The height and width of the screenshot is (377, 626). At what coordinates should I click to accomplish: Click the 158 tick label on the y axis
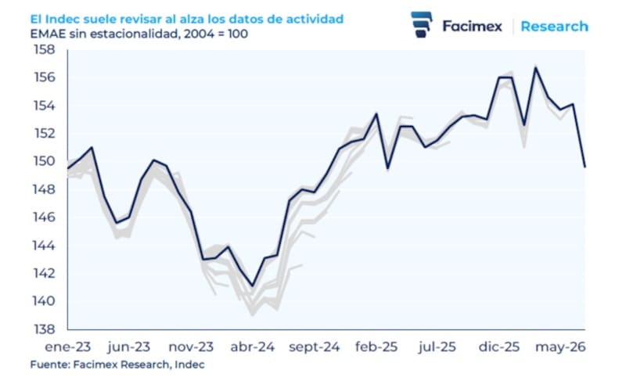[x=45, y=50]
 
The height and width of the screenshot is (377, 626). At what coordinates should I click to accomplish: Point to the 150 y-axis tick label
[x=45, y=161]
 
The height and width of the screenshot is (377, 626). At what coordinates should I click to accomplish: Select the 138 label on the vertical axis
[x=45, y=329]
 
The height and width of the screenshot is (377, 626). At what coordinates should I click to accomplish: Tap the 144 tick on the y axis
[x=45, y=246]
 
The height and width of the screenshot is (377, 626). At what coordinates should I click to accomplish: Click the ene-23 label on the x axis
[x=67, y=347]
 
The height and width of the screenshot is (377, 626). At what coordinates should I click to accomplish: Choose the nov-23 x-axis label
[x=191, y=347]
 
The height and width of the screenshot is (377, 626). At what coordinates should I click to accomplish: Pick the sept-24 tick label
[x=315, y=347]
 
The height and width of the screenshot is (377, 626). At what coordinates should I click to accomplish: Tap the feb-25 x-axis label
[x=376, y=347]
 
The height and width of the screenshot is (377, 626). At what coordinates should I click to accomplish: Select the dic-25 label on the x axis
[x=499, y=347]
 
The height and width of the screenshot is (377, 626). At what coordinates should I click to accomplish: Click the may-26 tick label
[x=560, y=347]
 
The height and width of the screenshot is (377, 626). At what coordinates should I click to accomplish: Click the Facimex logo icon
[x=422, y=25]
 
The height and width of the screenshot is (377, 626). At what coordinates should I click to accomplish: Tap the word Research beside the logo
[x=555, y=27]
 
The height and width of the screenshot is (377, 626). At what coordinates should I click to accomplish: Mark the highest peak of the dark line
[x=535, y=67]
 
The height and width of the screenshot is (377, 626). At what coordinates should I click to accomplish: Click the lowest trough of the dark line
[x=252, y=286]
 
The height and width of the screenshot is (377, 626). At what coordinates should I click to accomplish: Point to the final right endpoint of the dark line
[x=585, y=167]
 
